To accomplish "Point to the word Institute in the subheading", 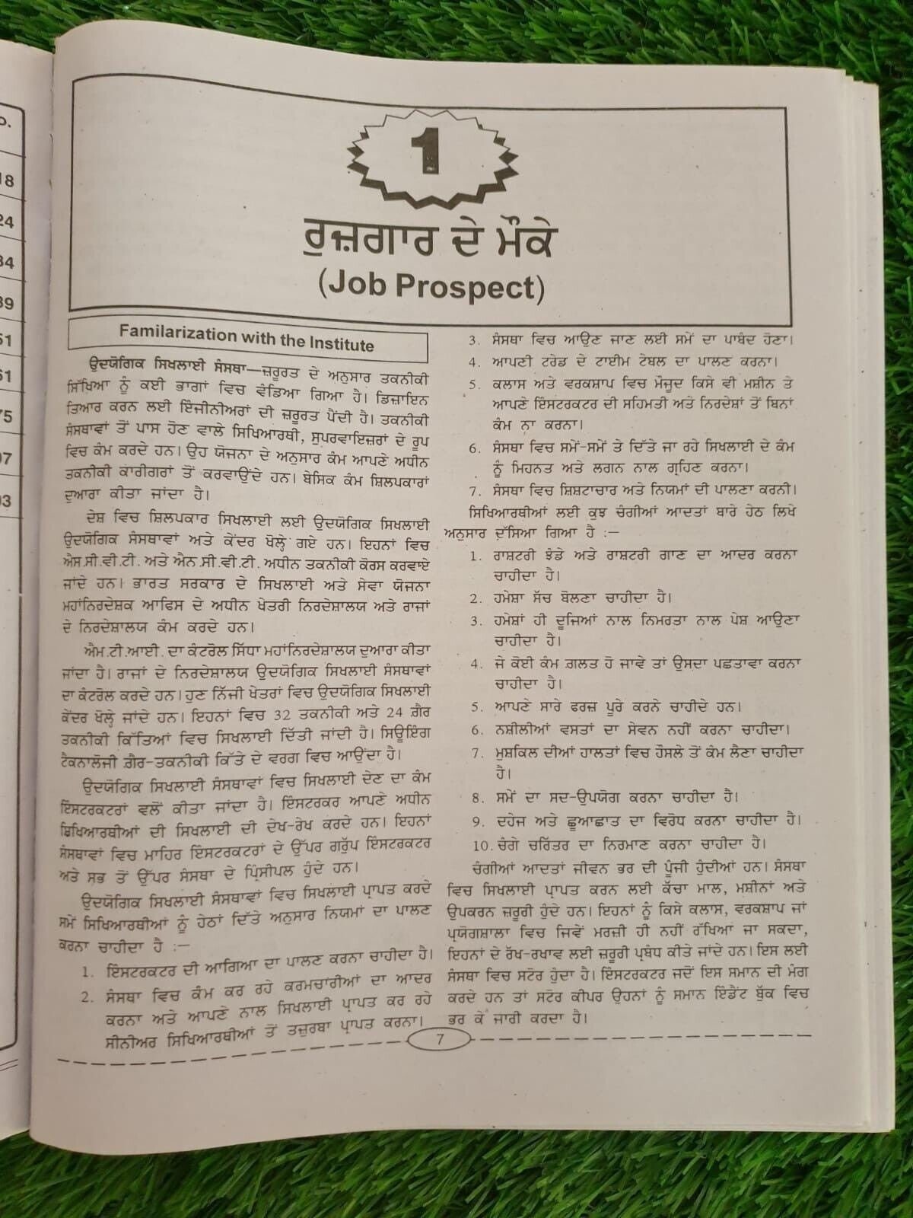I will (341, 343).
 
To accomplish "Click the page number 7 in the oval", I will (440, 1039).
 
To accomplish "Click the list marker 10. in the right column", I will (482, 844).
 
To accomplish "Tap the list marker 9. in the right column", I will (478, 821).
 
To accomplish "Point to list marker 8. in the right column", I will (478, 799).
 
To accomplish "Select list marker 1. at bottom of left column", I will (88, 972).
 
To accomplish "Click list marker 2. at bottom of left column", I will (88, 997).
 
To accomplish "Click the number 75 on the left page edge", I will (6, 416).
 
